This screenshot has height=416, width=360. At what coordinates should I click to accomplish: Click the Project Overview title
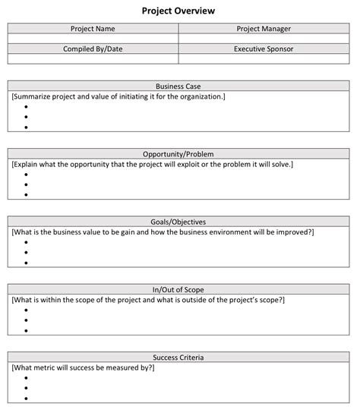click(x=178, y=11)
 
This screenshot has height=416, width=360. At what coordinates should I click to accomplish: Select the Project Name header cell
click(x=93, y=29)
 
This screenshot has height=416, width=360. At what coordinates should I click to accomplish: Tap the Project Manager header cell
click(x=264, y=29)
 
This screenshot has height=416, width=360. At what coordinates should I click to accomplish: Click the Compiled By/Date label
click(x=93, y=49)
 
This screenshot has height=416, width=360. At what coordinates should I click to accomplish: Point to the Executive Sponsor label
click(x=264, y=49)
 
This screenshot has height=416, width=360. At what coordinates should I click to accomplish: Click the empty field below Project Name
click(x=93, y=38)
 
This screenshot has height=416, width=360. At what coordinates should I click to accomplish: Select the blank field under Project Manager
click(x=264, y=38)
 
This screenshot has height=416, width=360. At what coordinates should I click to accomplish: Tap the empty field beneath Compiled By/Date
click(x=93, y=58)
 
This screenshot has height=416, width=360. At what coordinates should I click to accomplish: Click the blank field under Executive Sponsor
click(x=264, y=58)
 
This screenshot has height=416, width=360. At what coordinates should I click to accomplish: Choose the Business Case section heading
click(x=178, y=87)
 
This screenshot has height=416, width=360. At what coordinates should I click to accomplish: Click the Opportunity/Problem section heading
click(x=178, y=153)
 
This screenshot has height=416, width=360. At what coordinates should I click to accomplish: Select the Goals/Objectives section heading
click(x=178, y=221)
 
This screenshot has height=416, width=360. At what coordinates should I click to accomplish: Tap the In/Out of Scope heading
click(x=178, y=289)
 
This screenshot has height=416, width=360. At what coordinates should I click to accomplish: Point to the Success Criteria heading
click(x=178, y=357)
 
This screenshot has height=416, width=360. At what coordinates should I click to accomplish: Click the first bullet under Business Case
click(x=26, y=106)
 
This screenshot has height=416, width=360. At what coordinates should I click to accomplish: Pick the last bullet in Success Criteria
click(x=26, y=398)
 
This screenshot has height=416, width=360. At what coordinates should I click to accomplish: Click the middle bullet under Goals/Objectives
click(x=26, y=252)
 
